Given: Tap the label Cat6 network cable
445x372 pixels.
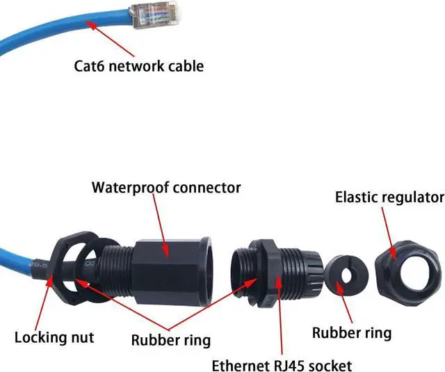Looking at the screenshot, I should pos(138,66).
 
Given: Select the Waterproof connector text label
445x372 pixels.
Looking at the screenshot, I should pos(166,187).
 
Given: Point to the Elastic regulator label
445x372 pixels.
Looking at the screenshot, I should pos(389,197).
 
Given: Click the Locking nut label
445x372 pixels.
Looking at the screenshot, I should pos(54,338).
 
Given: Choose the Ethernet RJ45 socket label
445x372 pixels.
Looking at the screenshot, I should pos(291,365).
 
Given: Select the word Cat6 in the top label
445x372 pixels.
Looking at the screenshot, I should pos(90,66).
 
